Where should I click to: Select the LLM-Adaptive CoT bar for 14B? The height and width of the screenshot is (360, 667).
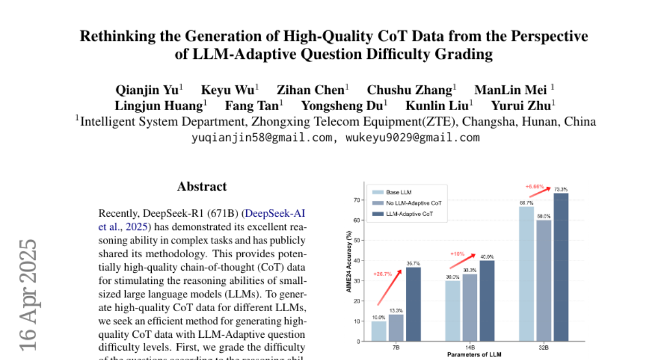(x=486, y=300)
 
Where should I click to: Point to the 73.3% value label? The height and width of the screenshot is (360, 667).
(x=561, y=189)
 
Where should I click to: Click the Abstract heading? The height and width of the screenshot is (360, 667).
(x=202, y=187)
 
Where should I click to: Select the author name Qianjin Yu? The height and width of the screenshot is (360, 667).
(x=147, y=90)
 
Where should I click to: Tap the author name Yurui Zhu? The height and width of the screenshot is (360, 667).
(x=520, y=106)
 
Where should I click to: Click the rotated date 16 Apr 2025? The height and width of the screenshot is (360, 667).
(x=29, y=294)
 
